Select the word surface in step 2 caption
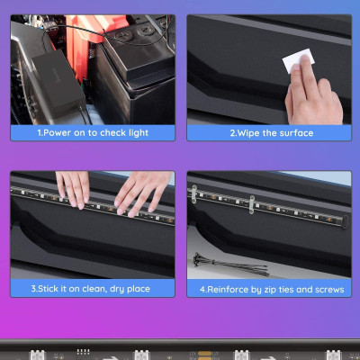[x=295, y=132]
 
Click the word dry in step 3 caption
[x=121, y=289]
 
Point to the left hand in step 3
[x=73, y=187]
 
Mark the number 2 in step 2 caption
[x=232, y=132]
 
